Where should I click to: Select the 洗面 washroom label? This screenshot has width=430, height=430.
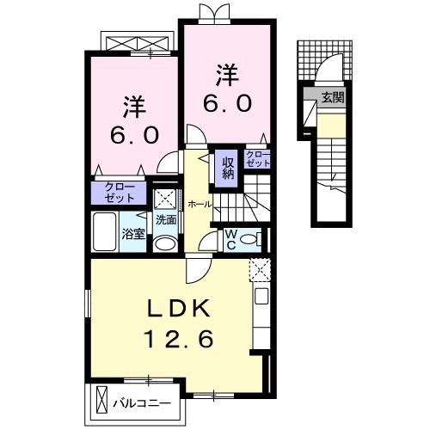166,219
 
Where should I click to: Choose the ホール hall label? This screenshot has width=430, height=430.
200,204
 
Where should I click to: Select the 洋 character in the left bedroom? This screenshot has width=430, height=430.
132,108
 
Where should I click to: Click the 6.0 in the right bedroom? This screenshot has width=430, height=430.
227,103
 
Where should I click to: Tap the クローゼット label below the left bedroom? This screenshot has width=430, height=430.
119,191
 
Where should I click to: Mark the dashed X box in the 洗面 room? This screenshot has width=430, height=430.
164,198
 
